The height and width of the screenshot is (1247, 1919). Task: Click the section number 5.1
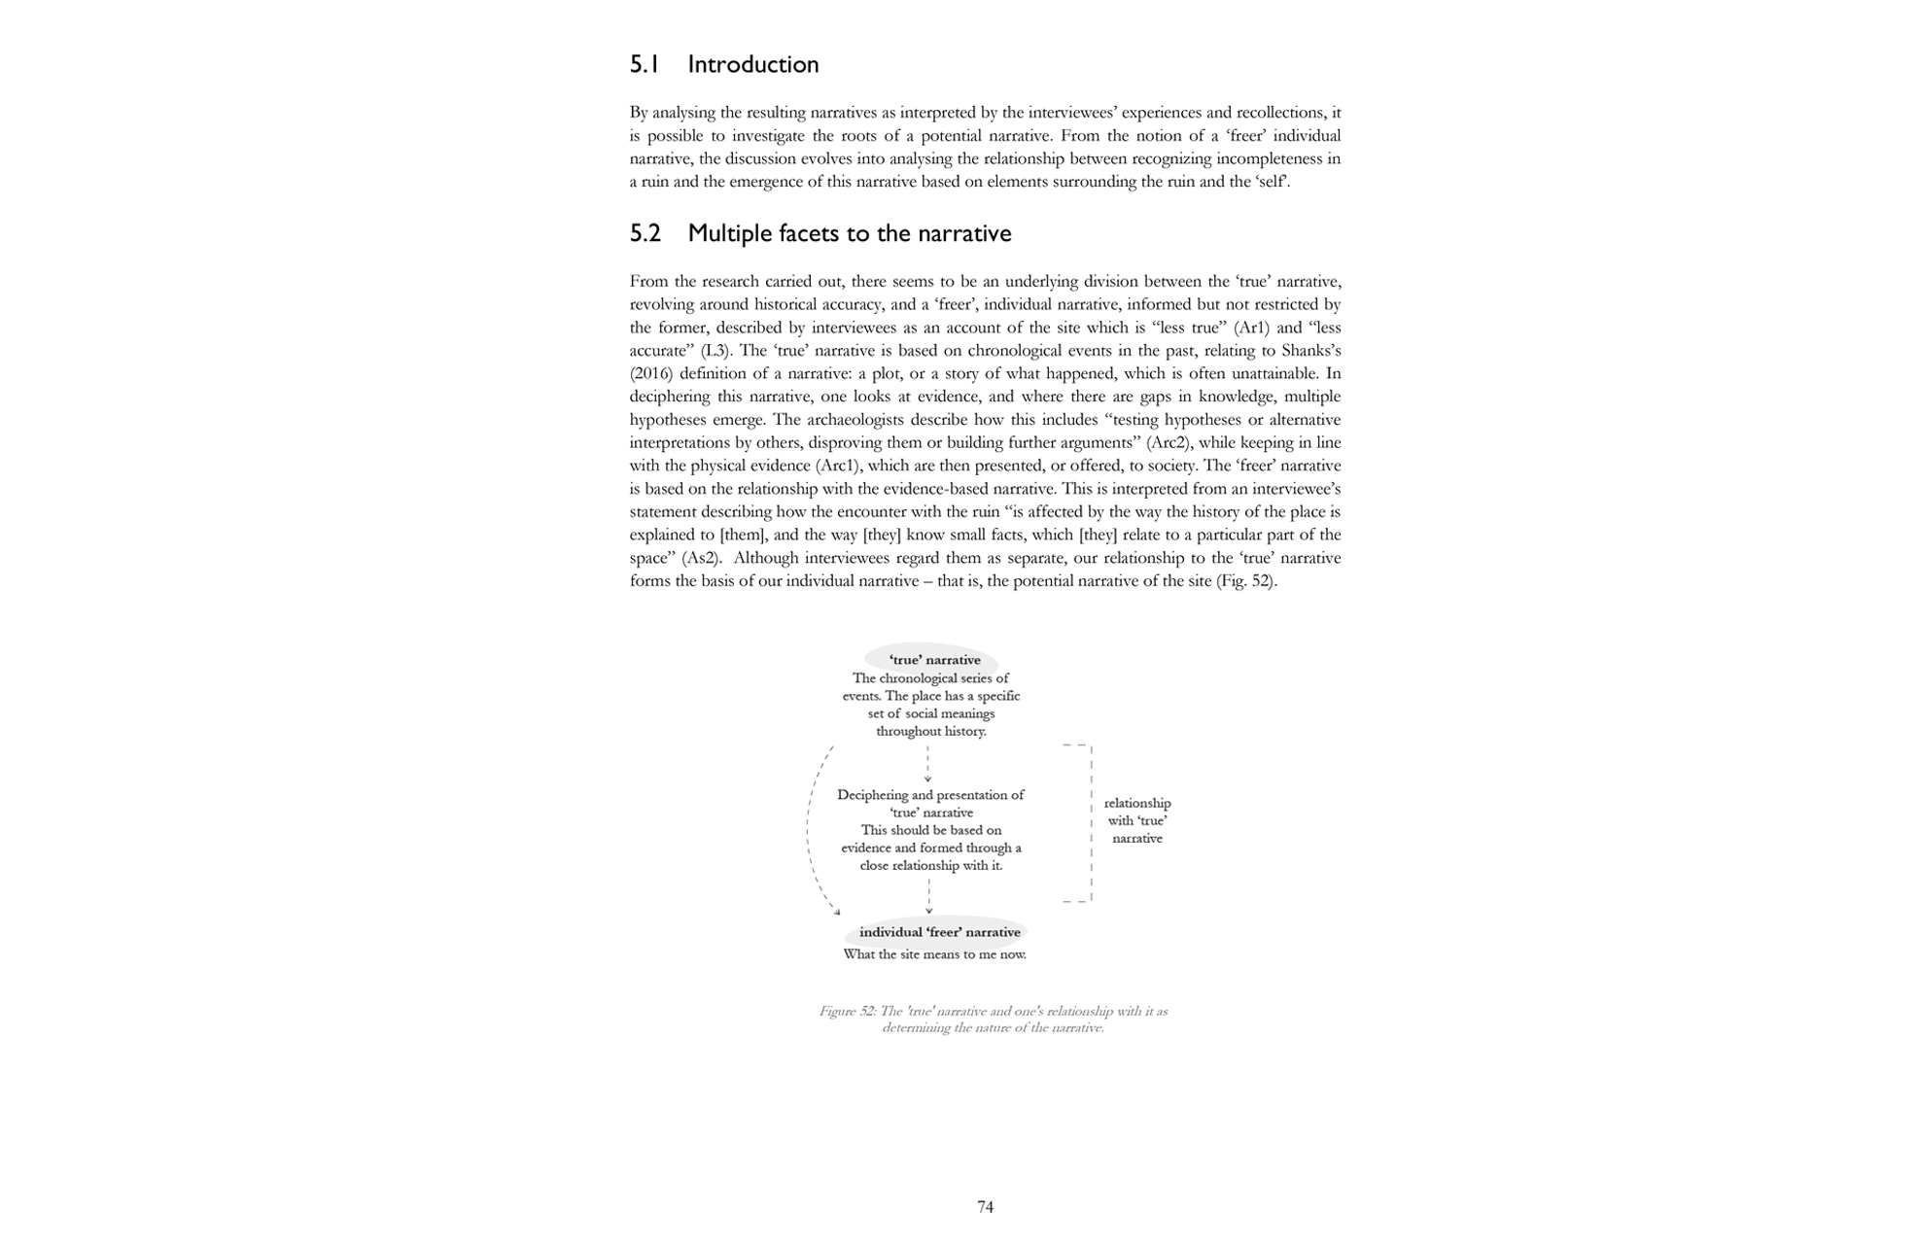pyautogui.click(x=645, y=65)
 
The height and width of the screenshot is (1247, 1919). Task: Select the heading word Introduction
pyautogui.click(x=752, y=65)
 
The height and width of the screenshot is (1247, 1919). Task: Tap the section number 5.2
pyautogui.click(x=645, y=234)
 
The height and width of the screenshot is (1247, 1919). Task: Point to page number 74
pyautogui.click(x=985, y=1207)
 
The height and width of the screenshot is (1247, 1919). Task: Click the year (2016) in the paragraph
pyautogui.click(x=650, y=373)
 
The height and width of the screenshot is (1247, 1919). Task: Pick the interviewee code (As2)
pyautogui.click(x=701, y=559)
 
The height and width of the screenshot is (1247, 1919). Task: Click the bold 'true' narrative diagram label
pyautogui.click(x=934, y=660)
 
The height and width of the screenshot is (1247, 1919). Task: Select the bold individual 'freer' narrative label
pyautogui.click(x=939, y=932)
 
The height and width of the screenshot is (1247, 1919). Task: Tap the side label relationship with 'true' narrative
pyautogui.click(x=1136, y=820)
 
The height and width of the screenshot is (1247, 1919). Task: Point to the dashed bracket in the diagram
pyautogui.click(x=1091, y=823)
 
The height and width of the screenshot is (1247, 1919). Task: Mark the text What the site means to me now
pyautogui.click(x=934, y=954)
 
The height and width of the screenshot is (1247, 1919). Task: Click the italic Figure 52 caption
pyautogui.click(x=993, y=1020)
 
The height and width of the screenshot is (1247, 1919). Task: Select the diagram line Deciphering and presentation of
pyautogui.click(x=930, y=795)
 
